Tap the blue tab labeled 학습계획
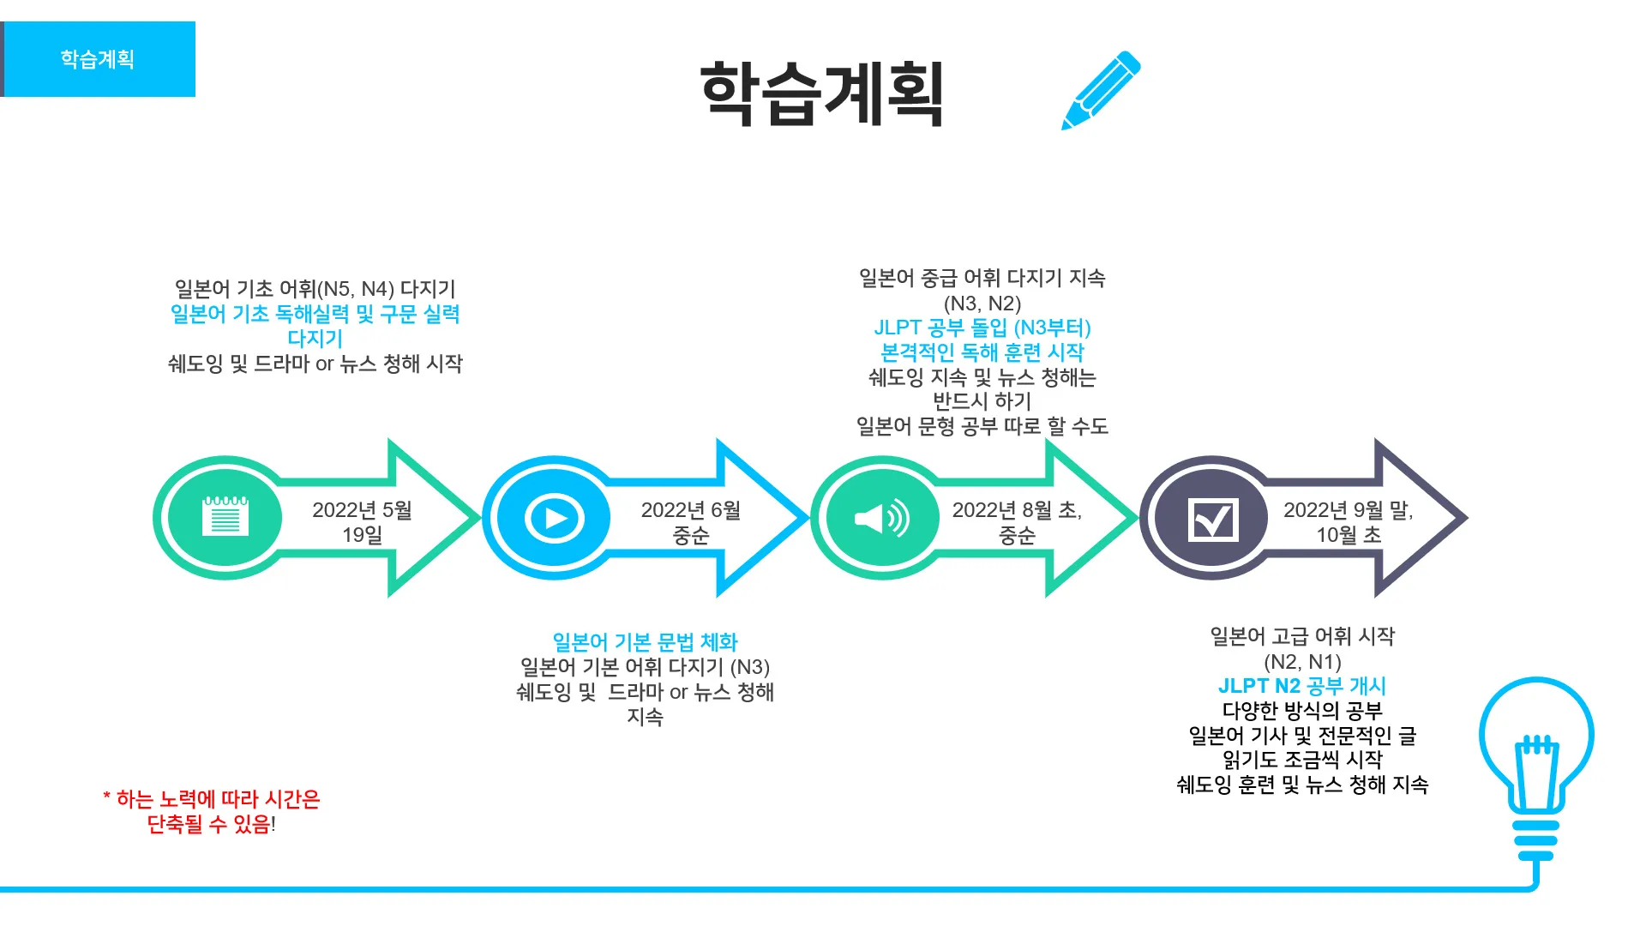98,59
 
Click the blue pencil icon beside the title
1101,91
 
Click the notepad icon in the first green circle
225,517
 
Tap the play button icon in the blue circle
554,518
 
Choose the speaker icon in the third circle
882,518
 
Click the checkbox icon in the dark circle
1212,518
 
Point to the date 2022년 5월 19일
362,522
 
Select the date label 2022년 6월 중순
691,522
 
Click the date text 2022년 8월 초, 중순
1017,522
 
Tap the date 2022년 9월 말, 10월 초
1348,522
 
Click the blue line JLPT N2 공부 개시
1301,686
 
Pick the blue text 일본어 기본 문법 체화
645,642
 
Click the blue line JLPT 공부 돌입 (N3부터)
982,328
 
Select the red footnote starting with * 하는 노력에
211,811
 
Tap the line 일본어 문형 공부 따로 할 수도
982,426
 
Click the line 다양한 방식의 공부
1301,711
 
